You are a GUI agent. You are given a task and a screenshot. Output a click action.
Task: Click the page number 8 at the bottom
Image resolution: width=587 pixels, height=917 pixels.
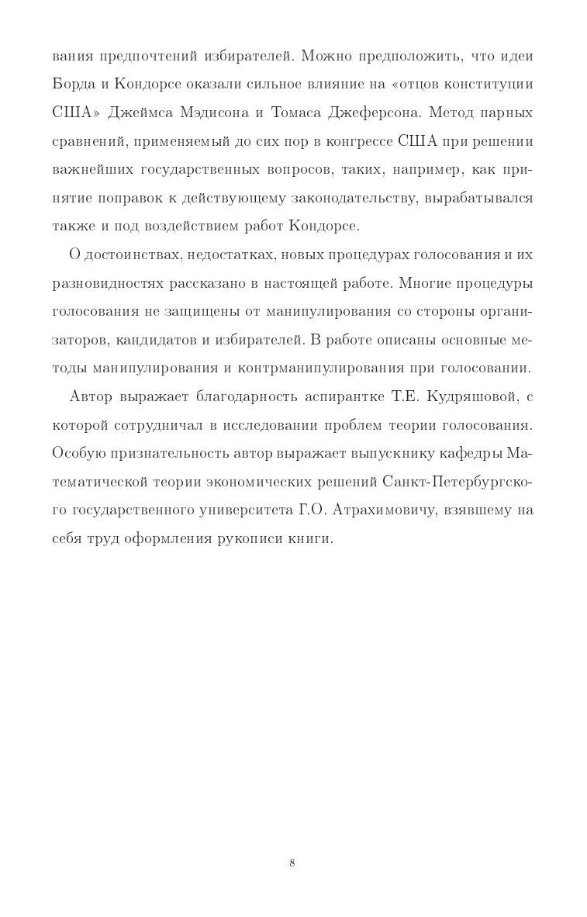292,863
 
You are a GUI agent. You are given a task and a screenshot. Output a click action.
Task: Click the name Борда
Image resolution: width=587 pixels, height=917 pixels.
74,84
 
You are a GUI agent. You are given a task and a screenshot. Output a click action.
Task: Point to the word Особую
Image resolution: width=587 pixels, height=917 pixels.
77,453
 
